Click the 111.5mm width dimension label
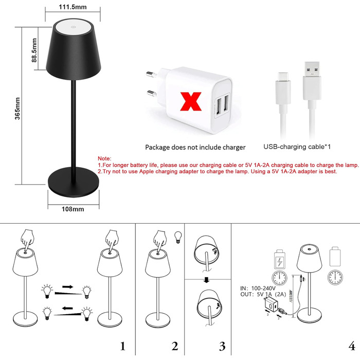coord(72,6)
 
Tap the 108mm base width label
coord(73,209)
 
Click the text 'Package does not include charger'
coord(195,147)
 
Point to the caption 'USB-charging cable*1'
coord(296,147)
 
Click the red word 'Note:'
coord(104,158)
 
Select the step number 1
coord(122,346)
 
